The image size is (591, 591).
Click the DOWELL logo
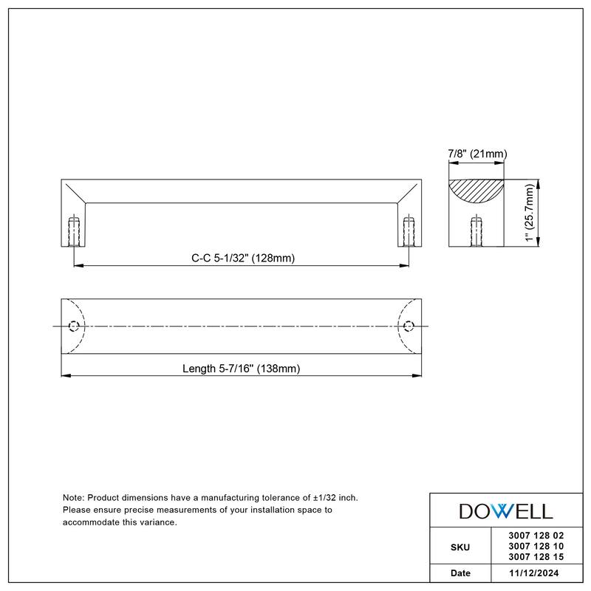[x=506, y=510]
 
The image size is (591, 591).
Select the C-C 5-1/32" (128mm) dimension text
[x=243, y=259]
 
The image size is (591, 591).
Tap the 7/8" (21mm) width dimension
[x=476, y=154]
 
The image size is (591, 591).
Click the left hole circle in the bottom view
[x=73, y=327]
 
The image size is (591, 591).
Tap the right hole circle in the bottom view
[x=409, y=327]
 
